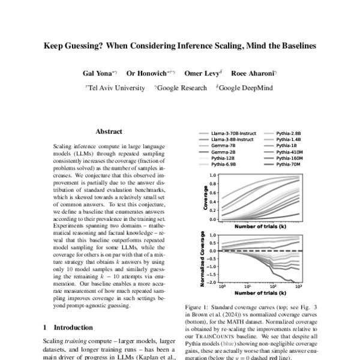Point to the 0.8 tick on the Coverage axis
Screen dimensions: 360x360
point(212,184)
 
